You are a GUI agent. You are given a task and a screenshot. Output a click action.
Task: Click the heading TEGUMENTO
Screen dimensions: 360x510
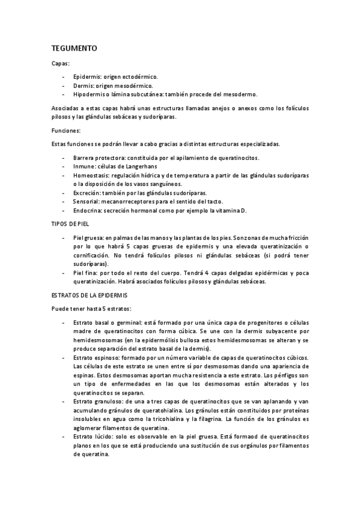[70, 47]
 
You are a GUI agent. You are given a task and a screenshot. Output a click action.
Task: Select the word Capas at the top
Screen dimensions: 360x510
[59, 63]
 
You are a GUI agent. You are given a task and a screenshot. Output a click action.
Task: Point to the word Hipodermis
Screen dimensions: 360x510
[89, 94]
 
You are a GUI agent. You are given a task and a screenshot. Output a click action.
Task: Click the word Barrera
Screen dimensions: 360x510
[85, 158]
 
